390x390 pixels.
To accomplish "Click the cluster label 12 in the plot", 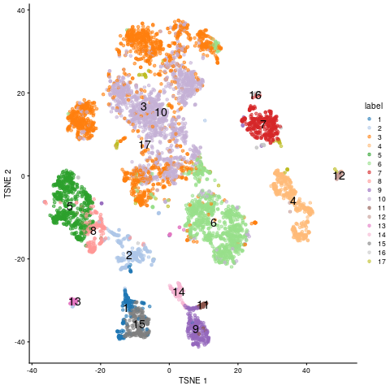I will (339, 175).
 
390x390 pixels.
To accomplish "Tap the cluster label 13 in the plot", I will (75, 302).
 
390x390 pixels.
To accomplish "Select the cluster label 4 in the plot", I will (292, 201).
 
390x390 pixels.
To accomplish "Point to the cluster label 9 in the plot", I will (195, 329).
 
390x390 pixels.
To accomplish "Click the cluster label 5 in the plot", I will (70, 206).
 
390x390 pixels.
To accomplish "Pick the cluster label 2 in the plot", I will (128, 256).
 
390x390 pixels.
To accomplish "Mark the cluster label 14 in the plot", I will (179, 292).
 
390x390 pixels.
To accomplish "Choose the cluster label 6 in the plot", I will (213, 223).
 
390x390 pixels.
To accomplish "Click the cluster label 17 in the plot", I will (145, 145).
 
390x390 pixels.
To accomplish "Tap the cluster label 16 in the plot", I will (255, 96).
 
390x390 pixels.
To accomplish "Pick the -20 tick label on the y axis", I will (18, 259).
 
